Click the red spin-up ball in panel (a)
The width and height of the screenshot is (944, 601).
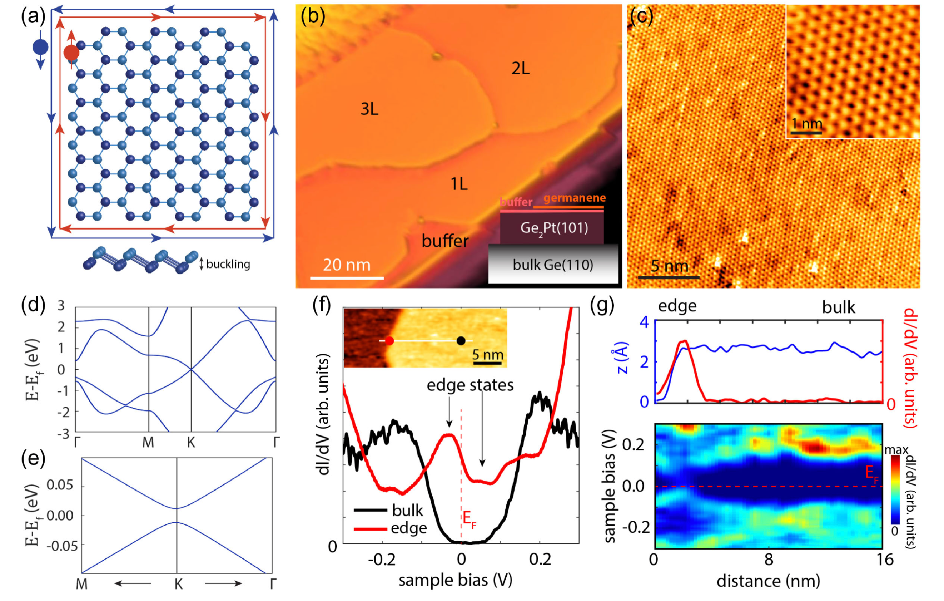click(71, 53)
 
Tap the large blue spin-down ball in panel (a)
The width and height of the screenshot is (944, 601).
click(40, 47)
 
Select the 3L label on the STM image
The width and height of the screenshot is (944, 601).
click(369, 109)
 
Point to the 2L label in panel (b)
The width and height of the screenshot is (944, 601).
click(520, 69)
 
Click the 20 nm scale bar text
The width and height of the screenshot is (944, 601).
click(347, 265)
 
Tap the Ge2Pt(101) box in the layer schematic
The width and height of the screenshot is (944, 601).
click(553, 228)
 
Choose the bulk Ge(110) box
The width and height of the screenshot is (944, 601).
click(553, 265)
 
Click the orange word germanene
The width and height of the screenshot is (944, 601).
click(574, 198)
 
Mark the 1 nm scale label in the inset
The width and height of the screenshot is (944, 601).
click(806, 124)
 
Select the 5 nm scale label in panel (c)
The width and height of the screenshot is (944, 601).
click(669, 266)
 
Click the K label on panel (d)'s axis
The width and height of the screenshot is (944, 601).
click(191, 443)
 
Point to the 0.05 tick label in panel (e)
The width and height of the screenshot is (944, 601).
click(60, 485)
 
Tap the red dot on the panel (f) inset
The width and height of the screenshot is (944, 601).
click(389, 341)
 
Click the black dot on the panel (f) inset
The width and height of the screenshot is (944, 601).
click(461, 341)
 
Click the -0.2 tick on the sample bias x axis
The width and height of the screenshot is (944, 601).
click(382, 560)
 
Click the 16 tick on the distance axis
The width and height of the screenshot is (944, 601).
click(885, 560)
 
